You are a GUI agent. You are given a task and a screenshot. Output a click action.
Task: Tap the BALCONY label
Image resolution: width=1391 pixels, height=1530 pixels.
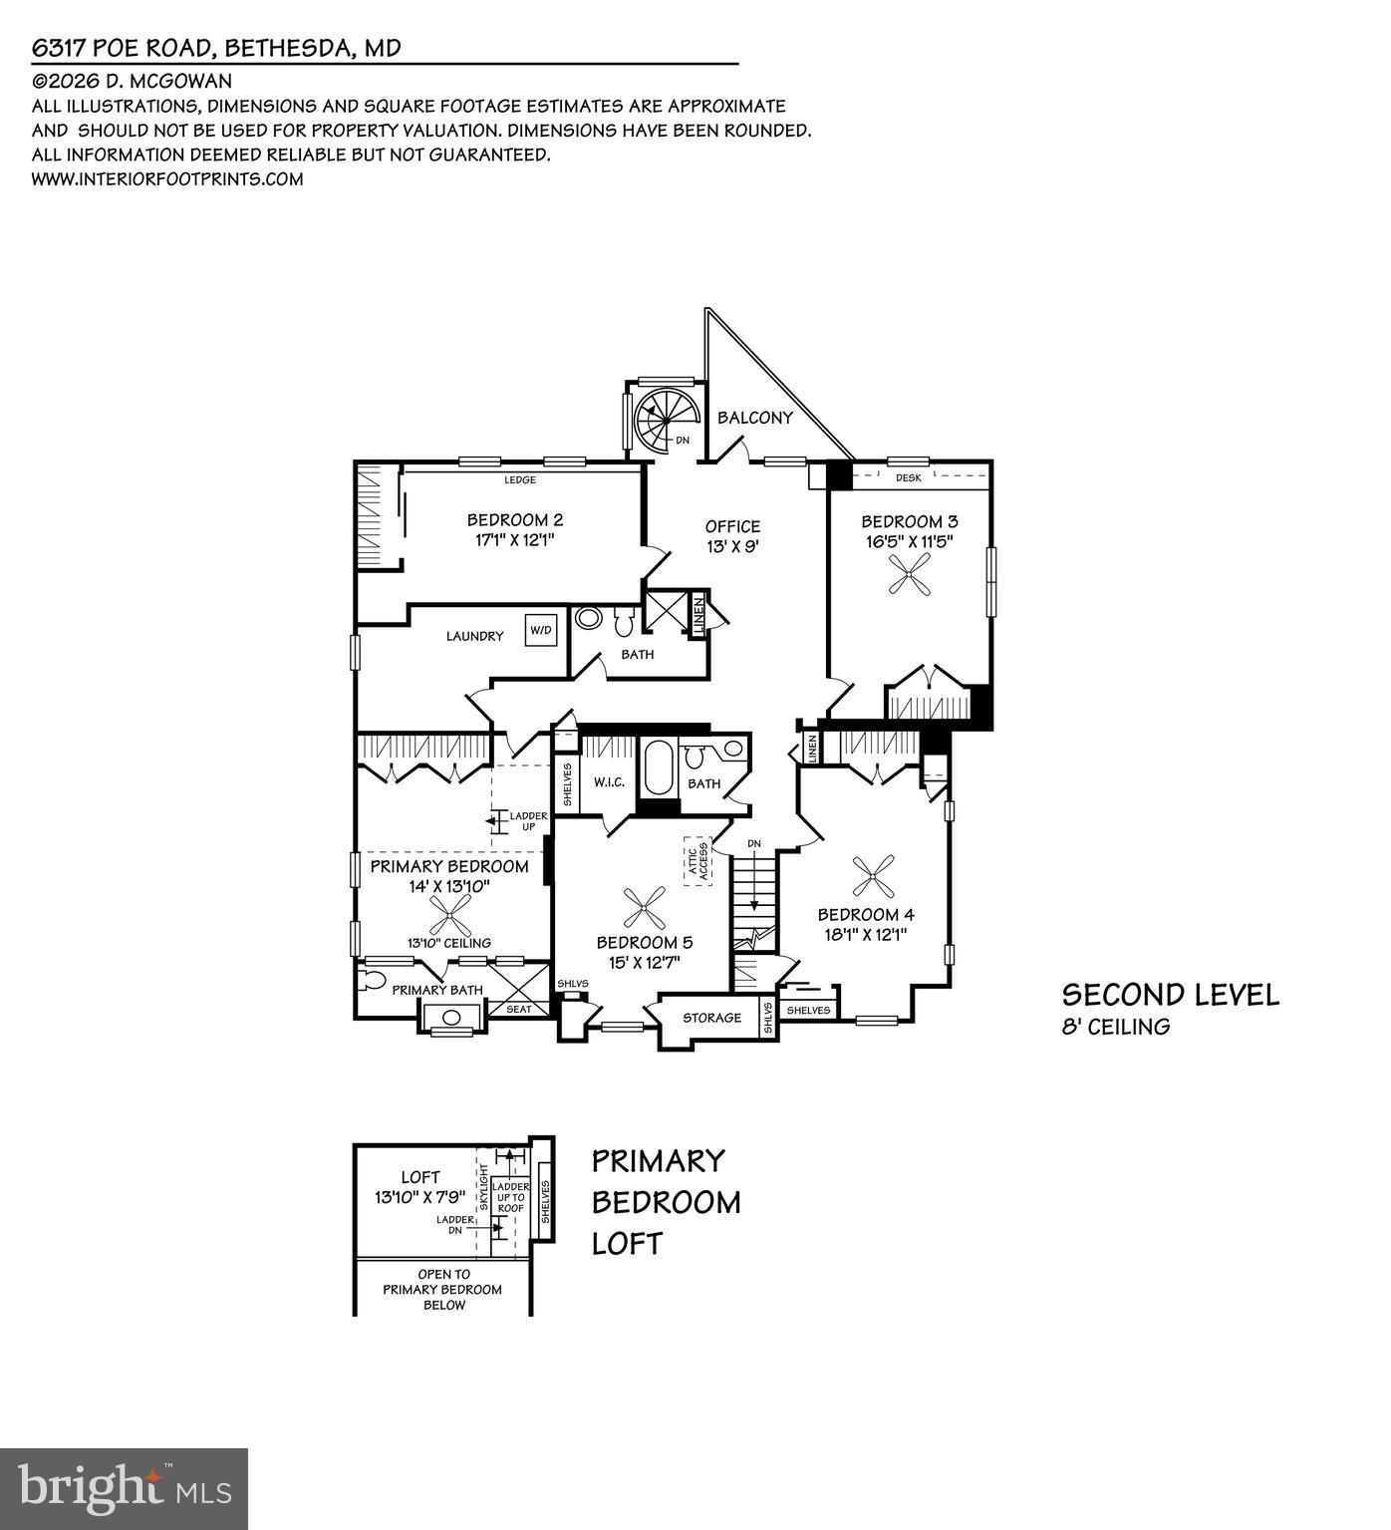pos(754,418)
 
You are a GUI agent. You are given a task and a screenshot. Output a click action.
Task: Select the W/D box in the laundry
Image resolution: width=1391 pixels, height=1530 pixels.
pos(540,630)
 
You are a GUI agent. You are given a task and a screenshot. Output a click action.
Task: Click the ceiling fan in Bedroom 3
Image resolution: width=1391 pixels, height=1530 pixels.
pos(910,575)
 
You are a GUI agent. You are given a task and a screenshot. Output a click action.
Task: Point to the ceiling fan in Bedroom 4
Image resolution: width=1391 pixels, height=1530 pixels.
pos(874,876)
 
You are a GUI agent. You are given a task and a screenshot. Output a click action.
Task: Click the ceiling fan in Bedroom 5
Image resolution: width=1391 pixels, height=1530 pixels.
pos(644,906)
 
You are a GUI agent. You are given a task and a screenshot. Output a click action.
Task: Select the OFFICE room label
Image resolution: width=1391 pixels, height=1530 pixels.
pos(732,526)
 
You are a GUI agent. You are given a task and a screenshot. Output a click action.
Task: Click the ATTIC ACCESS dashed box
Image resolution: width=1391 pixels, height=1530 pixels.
pos(696,861)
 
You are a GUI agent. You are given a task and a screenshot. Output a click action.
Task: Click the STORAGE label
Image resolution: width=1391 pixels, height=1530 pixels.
pos(711,1018)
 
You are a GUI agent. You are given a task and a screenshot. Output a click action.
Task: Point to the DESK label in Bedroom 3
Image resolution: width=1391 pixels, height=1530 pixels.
pos(908,477)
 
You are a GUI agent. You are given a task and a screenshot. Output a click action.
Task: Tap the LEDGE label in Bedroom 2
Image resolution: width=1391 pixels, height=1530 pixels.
pos(520,479)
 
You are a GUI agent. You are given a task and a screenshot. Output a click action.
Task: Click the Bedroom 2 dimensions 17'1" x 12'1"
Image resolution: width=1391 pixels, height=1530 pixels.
pos(515,540)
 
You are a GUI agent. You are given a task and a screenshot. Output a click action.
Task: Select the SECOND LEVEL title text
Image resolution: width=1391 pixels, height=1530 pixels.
pos(1170,994)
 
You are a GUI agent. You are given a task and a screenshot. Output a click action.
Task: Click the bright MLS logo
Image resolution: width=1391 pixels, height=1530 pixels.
pos(124,1489)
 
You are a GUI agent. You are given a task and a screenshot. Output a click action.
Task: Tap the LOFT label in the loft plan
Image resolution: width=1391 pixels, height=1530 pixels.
pos(419,1177)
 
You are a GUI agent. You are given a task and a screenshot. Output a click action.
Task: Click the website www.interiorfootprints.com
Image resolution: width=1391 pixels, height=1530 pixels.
pos(167,179)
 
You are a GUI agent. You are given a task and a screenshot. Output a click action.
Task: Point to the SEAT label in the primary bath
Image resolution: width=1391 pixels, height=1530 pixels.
pos(519,1009)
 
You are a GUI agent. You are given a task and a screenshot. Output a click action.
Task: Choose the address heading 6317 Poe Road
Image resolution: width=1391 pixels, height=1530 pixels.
pos(216,48)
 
